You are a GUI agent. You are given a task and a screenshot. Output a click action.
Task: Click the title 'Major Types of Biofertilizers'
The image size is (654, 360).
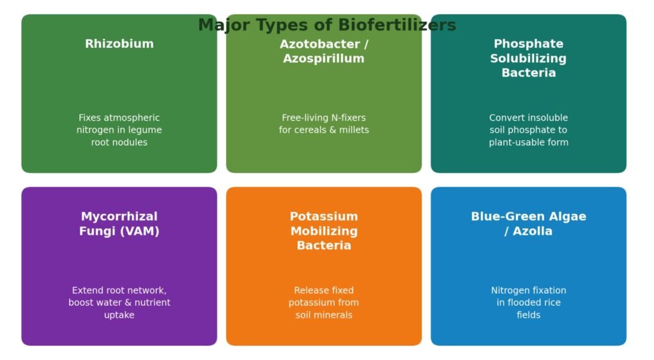pos(327,25)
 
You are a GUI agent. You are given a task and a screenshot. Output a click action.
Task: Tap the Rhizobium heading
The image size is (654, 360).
pos(119,44)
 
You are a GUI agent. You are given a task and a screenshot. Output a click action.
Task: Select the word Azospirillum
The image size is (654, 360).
pos(324,59)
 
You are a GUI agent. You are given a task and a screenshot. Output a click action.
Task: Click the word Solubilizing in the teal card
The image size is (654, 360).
pos(528,59)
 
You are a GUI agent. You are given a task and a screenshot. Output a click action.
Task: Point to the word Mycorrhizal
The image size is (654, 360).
pos(119,216)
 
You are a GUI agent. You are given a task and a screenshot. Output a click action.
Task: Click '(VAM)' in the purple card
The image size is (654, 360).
pos(140,231)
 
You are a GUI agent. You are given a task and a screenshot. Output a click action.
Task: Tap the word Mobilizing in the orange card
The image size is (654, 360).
pos(324,231)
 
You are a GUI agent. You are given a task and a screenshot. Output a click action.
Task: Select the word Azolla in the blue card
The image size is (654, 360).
pos(533,231)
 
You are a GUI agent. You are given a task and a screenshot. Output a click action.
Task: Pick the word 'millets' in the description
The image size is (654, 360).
pos(354,130)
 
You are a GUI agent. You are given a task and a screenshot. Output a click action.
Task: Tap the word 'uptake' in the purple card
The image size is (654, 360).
pos(119,315)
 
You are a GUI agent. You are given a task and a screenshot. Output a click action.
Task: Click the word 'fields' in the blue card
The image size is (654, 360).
pos(528,315)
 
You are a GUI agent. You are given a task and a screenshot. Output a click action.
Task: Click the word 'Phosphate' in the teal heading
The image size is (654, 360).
pos(528,44)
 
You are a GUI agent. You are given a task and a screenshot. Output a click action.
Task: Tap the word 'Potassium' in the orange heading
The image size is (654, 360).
pos(324,216)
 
